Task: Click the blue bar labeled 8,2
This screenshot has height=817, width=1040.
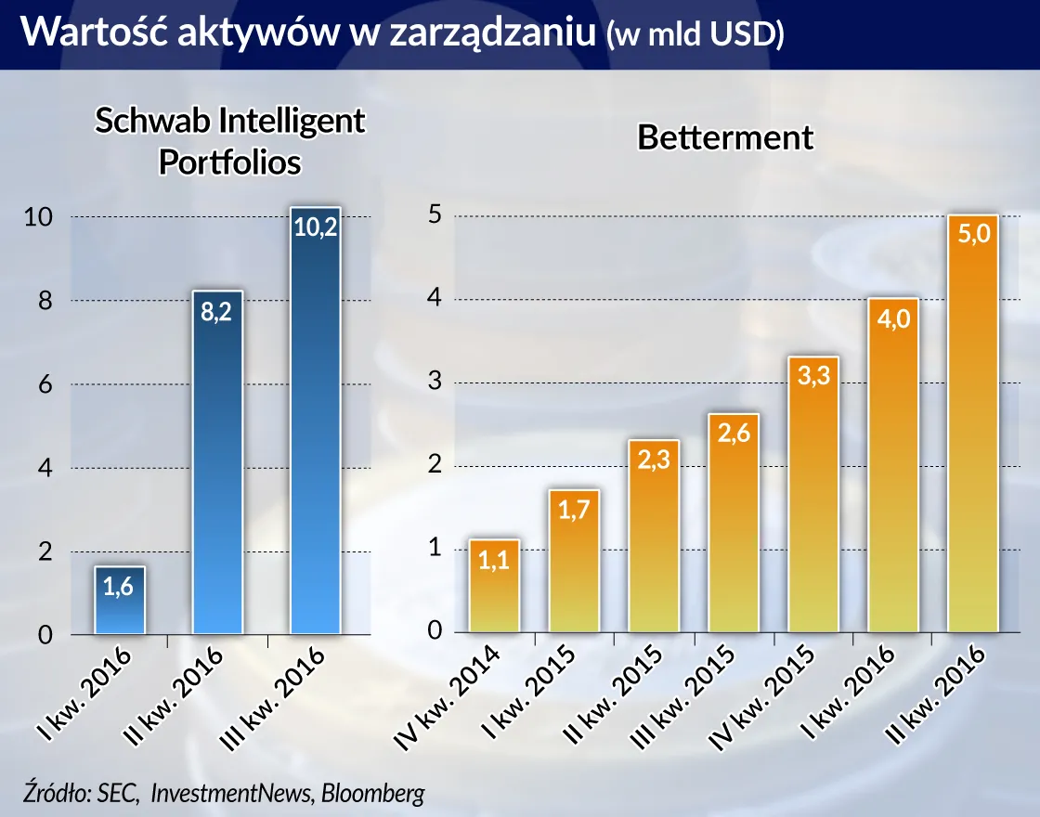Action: pyautogui.click(x=217, y=464)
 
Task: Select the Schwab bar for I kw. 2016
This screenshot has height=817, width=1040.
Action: pyautogui.click(x=120, y=602)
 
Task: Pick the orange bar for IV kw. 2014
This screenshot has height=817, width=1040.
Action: pyautogui.click(x=494, y=587)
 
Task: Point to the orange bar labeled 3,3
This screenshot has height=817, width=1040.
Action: pyautogui.click(x=812, y=496)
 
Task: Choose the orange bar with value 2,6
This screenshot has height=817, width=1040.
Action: pyautogui.click(x=733, y=525)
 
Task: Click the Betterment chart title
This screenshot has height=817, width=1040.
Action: pyautogui.click(x=724, y=137)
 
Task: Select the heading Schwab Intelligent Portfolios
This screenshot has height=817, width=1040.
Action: pyautogui.click(x=230, y=141)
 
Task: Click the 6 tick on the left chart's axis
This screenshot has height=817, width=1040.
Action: pyautogui.click(x=44, y=385)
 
